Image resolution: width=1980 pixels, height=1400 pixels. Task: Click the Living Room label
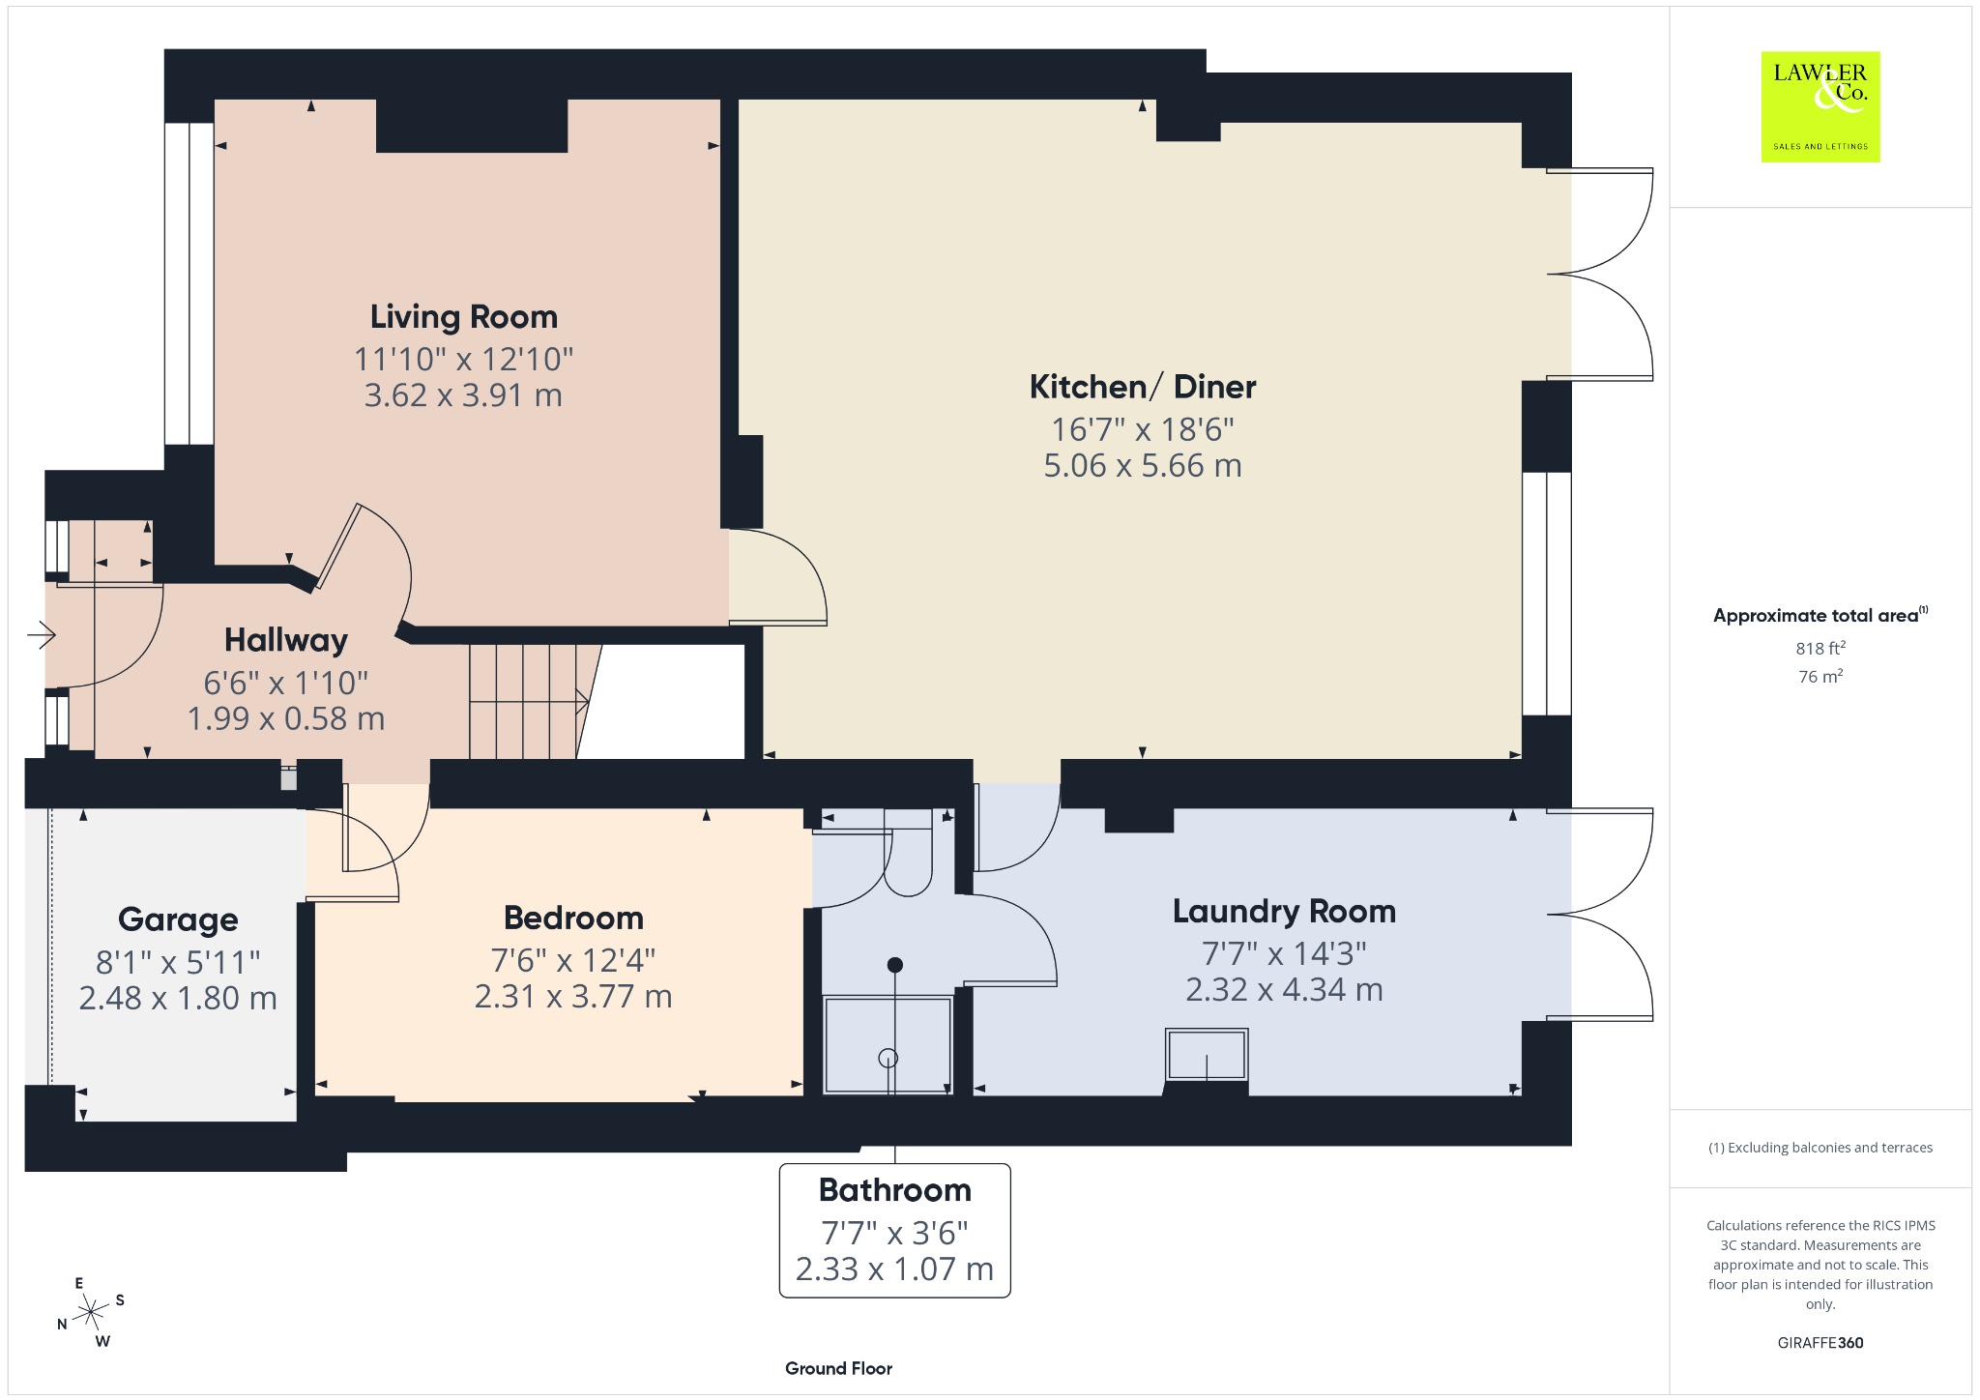(464, 317)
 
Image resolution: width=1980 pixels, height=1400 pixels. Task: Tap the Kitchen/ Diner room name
(1143, 387)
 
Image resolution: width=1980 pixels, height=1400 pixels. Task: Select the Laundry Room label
(1284, 912)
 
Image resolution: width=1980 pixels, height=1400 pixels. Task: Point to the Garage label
(178, 919)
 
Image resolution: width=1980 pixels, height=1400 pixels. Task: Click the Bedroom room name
(573, 918)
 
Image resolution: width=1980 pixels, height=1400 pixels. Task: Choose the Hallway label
(286, 640)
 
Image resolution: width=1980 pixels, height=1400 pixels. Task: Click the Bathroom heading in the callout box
(895, 1190)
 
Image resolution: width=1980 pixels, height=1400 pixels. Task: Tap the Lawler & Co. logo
(1820, 106)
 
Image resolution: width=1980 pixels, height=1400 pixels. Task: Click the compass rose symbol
(91, 1312)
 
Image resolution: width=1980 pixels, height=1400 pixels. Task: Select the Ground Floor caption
(838, 1368)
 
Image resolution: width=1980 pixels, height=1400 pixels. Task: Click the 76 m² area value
(1820, 677)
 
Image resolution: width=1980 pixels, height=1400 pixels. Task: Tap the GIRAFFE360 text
(1820, 1343)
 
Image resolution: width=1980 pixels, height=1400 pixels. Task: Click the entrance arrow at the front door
(43, 635)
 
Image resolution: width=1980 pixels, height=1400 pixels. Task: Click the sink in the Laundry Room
(1207, 1055)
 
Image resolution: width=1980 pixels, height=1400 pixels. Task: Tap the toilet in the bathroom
(908, 852)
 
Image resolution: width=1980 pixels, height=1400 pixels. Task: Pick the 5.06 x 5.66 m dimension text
(1143, 466)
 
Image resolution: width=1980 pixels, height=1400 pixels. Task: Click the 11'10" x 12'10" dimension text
(464, 360)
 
